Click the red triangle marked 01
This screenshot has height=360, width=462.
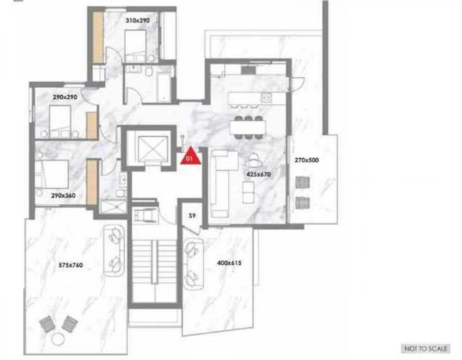pyautogui.click(x=191, y=156)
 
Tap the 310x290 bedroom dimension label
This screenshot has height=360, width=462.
pyautogui.click(x=137, y=21)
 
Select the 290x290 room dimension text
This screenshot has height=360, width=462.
pyautogui.click(x=65, y=97)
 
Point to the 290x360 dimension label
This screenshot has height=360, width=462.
pyautogui.click(x=63, y=195)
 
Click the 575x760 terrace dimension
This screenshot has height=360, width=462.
pyautogui.click(x=70, y=265)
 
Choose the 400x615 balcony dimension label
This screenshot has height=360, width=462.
pyautogui.click(x=229, y=263)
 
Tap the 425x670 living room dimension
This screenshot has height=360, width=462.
pyautogui.click(x=259, y=174)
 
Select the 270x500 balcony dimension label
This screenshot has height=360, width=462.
pyautogui.click(x=306, y=160)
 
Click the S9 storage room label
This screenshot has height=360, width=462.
pyautogui.click(x=192, y=216)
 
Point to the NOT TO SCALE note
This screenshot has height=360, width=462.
pyautogui.click(x=426, y=348)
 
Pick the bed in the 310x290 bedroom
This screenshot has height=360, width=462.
pyautogui.click(x=136, y=46)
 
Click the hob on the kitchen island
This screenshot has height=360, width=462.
pyautogui.click(x=266, y=98)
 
